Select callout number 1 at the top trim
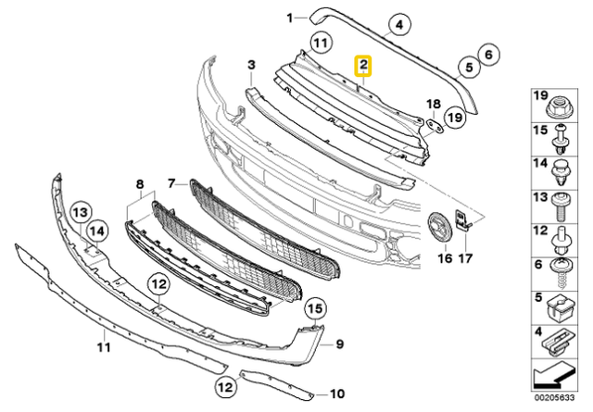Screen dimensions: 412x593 coord(289,18)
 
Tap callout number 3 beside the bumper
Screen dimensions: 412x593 coord(250,64)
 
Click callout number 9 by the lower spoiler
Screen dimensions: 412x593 coord(339,344)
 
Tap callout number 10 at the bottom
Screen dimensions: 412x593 coord(336,392)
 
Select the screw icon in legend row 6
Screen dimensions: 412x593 coord(561,272)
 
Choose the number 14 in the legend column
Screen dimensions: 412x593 coord(537,163)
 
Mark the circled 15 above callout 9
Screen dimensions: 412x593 coord(314,307)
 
